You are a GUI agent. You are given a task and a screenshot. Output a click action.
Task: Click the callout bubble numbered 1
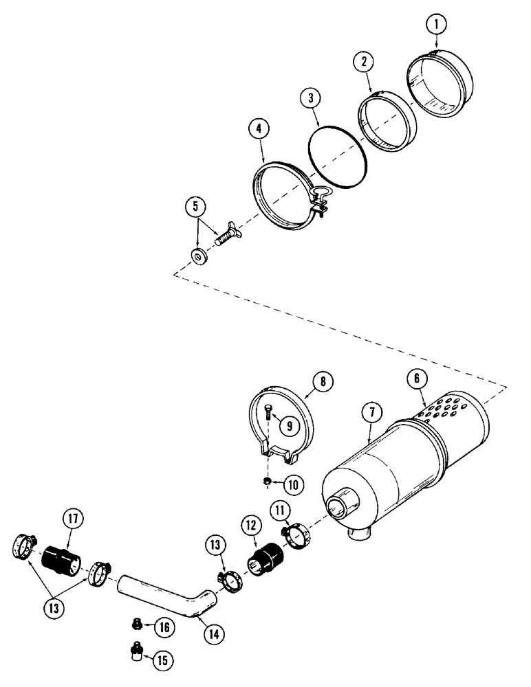pos(436,24)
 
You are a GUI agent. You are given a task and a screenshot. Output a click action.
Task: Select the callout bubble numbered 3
pos(311,99)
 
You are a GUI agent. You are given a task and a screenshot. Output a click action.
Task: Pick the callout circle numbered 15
pos(162,660)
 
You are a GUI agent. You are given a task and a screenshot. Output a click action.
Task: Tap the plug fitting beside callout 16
pos(136,624)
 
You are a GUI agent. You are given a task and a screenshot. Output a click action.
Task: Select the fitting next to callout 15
pos(135,649)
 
